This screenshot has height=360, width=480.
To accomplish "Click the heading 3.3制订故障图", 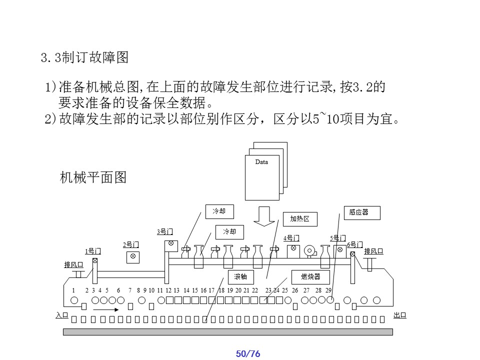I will pyautogui.click(x=84, y=58).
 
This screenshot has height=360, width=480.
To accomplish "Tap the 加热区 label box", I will pyautogui.click(x=300, y=219).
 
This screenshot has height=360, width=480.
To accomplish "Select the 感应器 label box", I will pyautogui.click(x=362, y=212).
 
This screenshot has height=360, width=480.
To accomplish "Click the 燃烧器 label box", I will pyautogui.click(x=310, y=276).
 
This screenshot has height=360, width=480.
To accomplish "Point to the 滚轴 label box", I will pyautogui.click(x=240, y=276).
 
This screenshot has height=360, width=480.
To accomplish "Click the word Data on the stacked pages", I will pyautogui.click(x=261, y=162).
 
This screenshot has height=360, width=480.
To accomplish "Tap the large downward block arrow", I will pyautogui.click(x=264, y=215).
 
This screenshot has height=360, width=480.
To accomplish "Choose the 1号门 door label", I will pyautogui.click(x=93, y=251).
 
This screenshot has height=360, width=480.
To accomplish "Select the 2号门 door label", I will pyautogui.click(x=131, y=244).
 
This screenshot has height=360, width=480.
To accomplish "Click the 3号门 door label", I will pyautogui.click(x=165, y=231).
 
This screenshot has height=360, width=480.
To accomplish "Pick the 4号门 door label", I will pyautogui.click(x=291, y=238).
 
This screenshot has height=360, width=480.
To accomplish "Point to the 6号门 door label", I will pyautogui.click(x=354, y=244).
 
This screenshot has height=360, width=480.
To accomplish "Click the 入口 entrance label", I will pyautogui.click(x=61, y=315).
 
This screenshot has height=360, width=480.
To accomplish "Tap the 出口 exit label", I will pyautogui.click(x=399, y=315).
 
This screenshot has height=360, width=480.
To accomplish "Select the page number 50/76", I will pyautogui.click(x=248, y=354).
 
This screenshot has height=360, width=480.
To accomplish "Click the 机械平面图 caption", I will pyautogui.click(x=93, y=177).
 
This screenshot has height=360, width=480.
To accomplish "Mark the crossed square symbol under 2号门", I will pyautogui.click(x=132, y=257).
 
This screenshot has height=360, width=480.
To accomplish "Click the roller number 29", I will pyautogui.click(x=328, y=290).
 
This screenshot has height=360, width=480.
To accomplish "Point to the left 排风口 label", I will pyautogui.click(x=73, y=264).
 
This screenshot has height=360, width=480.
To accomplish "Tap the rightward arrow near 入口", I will pyautogui.click(x=106, y=309).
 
